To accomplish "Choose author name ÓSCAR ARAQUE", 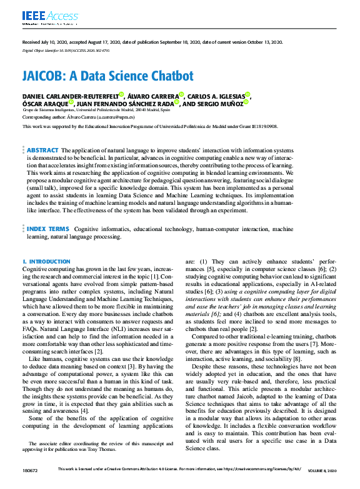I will click(43, 104).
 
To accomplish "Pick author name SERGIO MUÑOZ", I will click(204, 104).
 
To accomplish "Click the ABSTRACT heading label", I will click(42, 151).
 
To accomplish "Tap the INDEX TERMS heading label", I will click(48, 230).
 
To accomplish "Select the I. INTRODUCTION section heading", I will click(46, 262).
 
